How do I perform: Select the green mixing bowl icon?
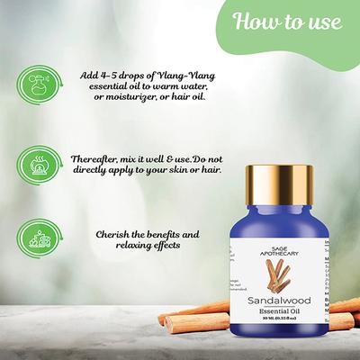34,166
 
